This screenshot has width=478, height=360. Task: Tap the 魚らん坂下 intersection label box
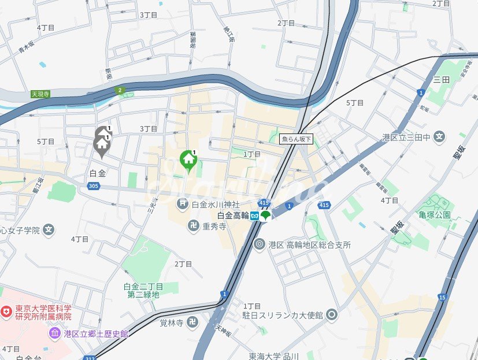(x=296, y=139)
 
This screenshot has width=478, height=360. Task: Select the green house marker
(x=188, y=159)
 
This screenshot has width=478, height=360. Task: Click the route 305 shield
(x=93, y=185)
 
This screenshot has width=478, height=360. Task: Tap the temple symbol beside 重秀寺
(x=194, y=226)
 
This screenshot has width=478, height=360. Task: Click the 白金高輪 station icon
(x=254, y=216)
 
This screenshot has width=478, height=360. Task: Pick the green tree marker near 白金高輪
(x=265, y=216)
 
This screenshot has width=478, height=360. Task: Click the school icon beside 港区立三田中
(x=440, y=137)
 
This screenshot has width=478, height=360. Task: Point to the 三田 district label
(x=441, y=79)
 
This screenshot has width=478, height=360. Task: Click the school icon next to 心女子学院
(x=49, y=230)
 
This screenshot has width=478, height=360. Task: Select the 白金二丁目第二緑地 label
(x=143, y=290)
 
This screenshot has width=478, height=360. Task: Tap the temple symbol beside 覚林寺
(x=193, y=322)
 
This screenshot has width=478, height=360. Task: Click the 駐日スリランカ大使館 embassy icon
(x=332, y=315)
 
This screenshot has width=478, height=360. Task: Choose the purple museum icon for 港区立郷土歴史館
(x=55, y=333)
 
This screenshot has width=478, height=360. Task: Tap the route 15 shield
(x=442, y=297)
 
